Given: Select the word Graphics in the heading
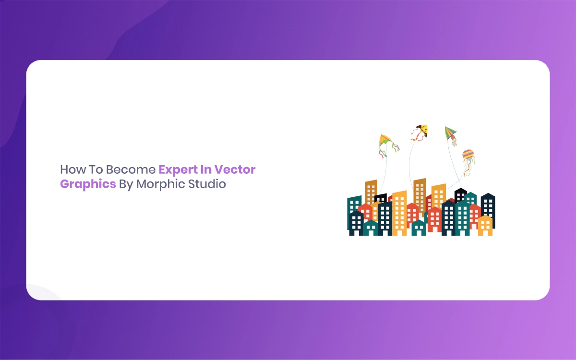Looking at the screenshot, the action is point(88,184).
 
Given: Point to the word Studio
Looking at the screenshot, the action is point(207,184).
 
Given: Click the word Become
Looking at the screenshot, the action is point(131,170).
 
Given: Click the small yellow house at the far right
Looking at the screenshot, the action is point(485,226).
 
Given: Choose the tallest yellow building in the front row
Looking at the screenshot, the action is point(399,213).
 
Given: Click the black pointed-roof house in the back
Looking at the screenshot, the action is point(460,195).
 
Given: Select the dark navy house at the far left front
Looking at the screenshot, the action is point(356,223).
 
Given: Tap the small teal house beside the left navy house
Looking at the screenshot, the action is point(371,228).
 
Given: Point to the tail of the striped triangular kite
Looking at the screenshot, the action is point(454,142).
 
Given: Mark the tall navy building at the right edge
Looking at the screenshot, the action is point(488,210).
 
